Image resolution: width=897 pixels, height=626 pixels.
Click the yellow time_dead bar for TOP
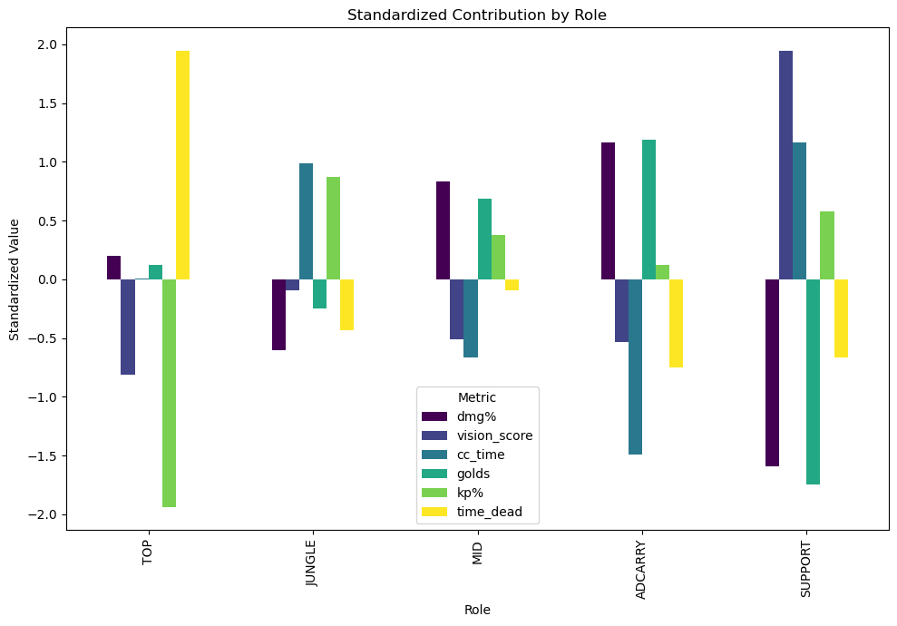182,165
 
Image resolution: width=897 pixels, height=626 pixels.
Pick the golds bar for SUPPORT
813,382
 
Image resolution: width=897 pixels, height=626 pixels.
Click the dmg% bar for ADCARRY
608,211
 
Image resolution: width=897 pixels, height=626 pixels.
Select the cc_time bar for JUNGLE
306,221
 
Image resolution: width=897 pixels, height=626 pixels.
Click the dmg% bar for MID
443,230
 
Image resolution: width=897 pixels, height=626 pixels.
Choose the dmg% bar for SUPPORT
772,373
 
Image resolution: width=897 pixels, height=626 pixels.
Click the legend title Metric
477,397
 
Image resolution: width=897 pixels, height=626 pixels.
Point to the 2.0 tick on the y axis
45,45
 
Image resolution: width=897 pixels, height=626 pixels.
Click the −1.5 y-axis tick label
43,456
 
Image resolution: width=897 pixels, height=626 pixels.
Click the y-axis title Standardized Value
15,279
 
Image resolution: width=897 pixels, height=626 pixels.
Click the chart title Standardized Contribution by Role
477,15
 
